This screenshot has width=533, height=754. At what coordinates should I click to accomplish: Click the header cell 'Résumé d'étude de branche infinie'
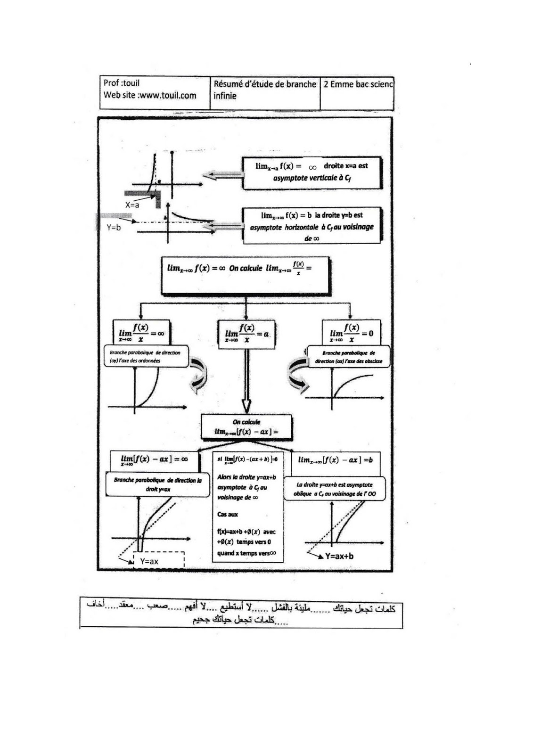point(265,90)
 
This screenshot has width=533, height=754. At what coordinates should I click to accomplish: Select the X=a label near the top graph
point(132,205)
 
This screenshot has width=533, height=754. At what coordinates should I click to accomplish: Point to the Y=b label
point(114,227)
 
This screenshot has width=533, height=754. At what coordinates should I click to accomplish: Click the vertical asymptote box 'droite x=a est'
point(312,172)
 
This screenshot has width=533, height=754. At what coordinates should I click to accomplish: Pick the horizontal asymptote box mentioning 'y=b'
point(312,226)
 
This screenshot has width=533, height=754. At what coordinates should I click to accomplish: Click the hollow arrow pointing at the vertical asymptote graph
point(223,175)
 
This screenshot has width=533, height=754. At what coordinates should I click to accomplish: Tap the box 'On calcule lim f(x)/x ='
point(245,276)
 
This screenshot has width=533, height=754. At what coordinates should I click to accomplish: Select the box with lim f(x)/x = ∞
point(141,333)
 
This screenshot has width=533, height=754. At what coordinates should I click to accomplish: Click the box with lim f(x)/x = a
point(246,334)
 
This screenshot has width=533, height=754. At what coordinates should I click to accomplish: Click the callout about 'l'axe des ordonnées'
point(145,357)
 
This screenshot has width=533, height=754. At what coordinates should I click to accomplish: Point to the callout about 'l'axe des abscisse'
point(349,357)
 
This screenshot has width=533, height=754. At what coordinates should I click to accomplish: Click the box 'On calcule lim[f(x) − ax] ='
point(246,427)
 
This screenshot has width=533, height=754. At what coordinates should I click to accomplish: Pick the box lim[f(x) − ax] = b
point(336,460)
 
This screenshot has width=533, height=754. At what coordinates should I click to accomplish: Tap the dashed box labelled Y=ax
point(159,561)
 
